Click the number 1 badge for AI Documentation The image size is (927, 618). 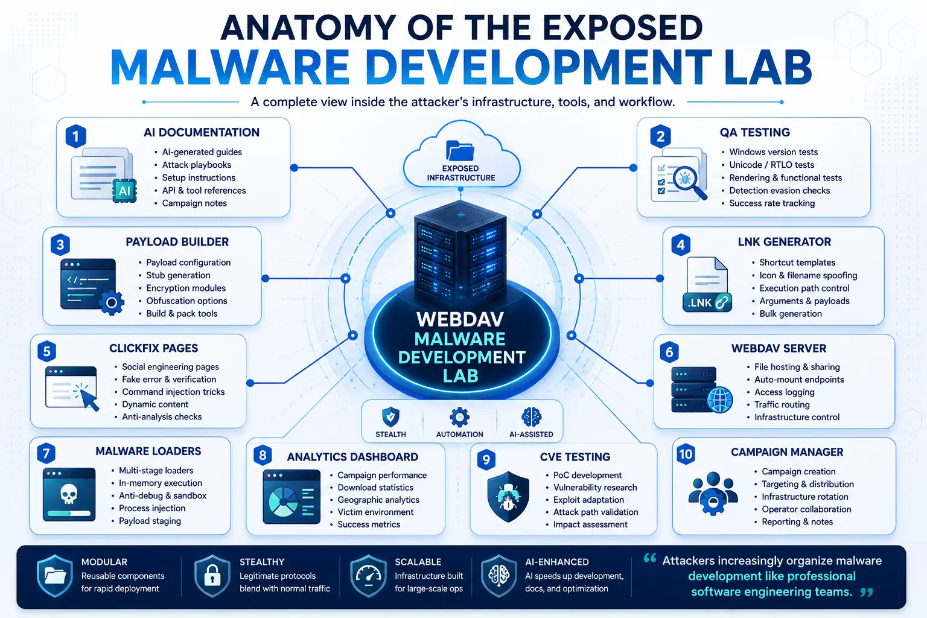(x=75, y=136)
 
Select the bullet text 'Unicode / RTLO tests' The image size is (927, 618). (x=771, y=165)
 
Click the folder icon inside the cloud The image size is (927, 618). (x=460, y=150)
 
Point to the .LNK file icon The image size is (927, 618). (x=707, y=284)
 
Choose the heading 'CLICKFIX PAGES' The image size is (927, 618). (x=153, y=348)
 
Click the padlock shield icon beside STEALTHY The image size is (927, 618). (x=212, y=575)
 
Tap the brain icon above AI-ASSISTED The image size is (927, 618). (x=531, y=417)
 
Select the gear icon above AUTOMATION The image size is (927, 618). (x=459, y=417)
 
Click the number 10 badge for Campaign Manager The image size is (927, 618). (x=686, y=454)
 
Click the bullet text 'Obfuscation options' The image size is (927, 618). (x=186, y=301)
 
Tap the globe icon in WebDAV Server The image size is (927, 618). (x=719, y=400)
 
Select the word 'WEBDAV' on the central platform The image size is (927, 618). (x=460, y=319)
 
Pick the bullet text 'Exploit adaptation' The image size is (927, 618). (x=588, y=500)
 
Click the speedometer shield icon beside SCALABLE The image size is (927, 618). (x=368, y=575)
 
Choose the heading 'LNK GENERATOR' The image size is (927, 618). (x=784, y=242)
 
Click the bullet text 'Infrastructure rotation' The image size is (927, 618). (x=805, y=497)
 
